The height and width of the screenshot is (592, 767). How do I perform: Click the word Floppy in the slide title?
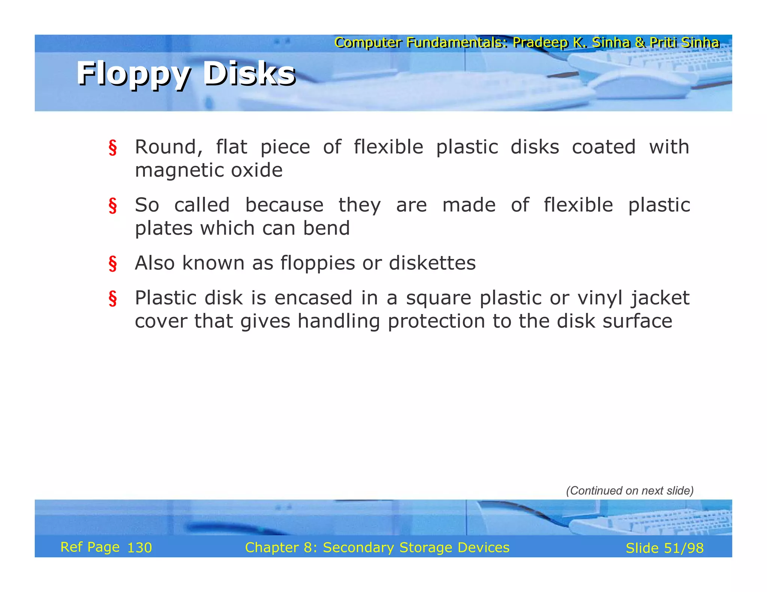(133, 74)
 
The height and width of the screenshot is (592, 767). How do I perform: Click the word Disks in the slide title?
(249, 74)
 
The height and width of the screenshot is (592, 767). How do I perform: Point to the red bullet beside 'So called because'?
(113, 205)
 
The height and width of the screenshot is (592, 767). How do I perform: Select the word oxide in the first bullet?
(257, 170)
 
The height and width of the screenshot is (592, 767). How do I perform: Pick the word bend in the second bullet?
(326, 228)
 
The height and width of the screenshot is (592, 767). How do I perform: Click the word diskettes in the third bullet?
(432, 263)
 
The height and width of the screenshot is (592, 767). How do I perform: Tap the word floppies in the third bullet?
(318, 263)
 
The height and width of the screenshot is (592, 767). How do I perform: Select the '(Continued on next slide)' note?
(630, 491)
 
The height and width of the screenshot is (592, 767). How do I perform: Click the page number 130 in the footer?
(140, 548)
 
